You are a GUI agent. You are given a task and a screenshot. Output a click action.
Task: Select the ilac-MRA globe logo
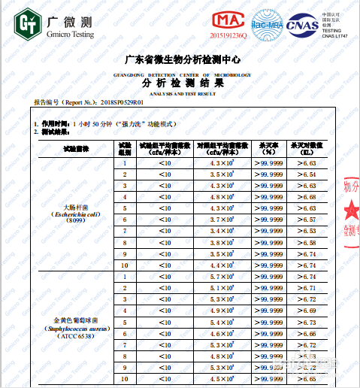(x=266, y=22)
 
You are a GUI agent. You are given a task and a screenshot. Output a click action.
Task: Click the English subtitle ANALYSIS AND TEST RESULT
(x=182, y=92)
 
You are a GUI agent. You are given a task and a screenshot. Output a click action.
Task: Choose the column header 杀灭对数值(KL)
(x=310, y=147)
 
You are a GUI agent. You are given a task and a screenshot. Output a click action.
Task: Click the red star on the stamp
(x=352, y=209)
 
